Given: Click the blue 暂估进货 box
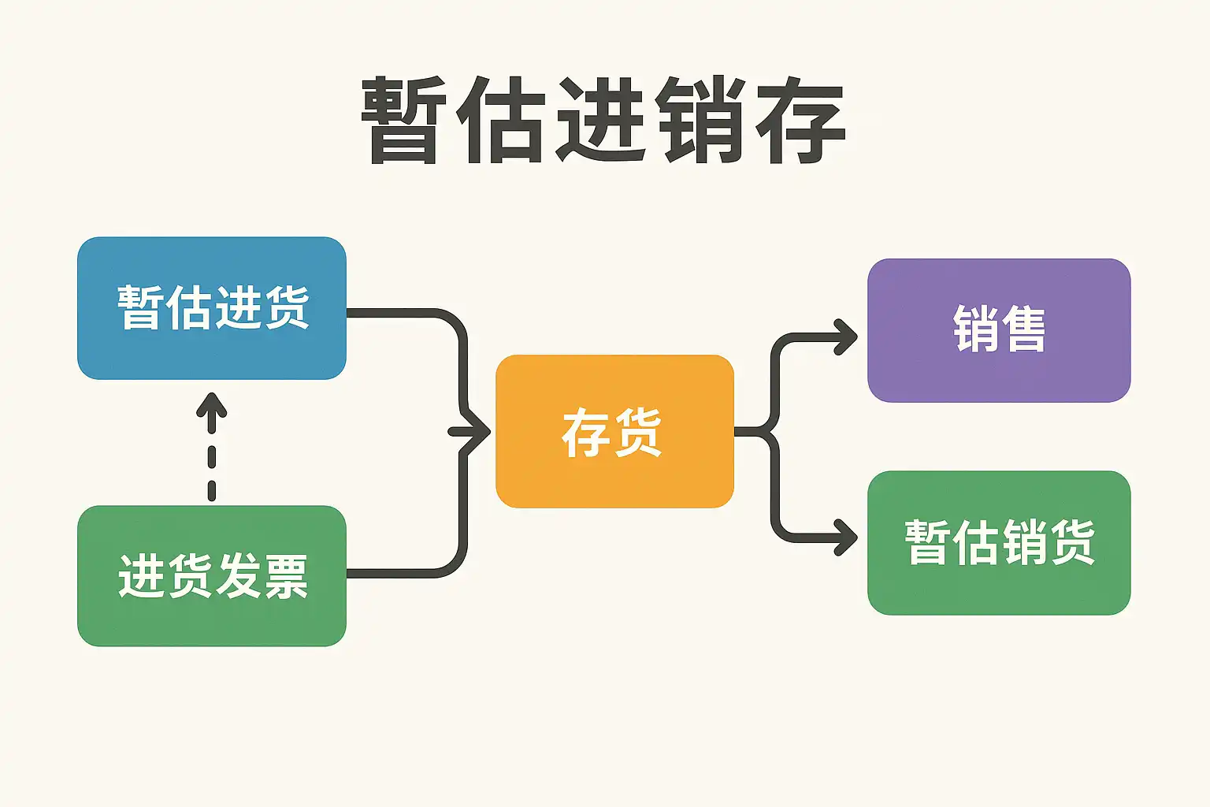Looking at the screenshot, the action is coord(212,308).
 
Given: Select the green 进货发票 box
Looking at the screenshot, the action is coord(212,575).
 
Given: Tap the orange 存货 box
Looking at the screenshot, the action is coord(614,431).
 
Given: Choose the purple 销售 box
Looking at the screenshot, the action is coord(999,330).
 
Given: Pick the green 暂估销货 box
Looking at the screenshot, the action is coord(999,543).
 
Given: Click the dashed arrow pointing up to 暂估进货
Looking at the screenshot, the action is coord(212,447).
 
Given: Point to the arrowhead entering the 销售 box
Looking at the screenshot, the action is coord(845,337).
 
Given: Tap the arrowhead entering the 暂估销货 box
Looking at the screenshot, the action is coord(845,537).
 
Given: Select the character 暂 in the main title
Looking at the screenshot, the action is coord(404,120).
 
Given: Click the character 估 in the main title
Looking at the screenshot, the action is coord(500,120).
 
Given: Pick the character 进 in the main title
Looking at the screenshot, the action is coord(600,120).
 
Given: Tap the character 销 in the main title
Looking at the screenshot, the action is coord(700,120).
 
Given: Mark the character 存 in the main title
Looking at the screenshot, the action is coord(800,120).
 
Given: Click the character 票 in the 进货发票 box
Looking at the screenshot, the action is coord(284,576).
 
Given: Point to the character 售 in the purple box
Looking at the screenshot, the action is coord(1023,329).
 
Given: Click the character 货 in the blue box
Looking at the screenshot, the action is coord(286,307).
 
